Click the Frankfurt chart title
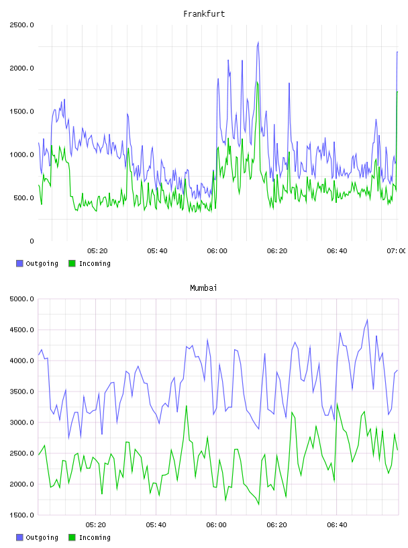point(204,13)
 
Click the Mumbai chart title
point(203,287)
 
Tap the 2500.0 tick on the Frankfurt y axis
point(21,25)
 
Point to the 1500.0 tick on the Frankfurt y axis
point(21,111)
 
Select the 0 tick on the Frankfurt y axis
point(32,241)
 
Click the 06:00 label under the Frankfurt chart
point(217,251)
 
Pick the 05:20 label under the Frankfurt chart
point(97,251)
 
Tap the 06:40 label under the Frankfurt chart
point(337,251)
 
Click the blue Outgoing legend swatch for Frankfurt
point(19,263)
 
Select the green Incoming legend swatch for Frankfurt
point(72,263)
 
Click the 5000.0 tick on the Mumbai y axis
point(21,299)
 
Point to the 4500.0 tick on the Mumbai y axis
point(21,330)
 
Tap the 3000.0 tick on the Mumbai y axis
point(21,422)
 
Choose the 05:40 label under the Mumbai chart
point(156,525)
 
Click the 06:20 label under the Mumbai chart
point(276,525)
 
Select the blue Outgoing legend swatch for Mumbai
point(19,537)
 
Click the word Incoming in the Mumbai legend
point(95,537)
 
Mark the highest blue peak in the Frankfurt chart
point(258,42)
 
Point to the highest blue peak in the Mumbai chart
point(367,320)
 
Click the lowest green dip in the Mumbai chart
point(259,504)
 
